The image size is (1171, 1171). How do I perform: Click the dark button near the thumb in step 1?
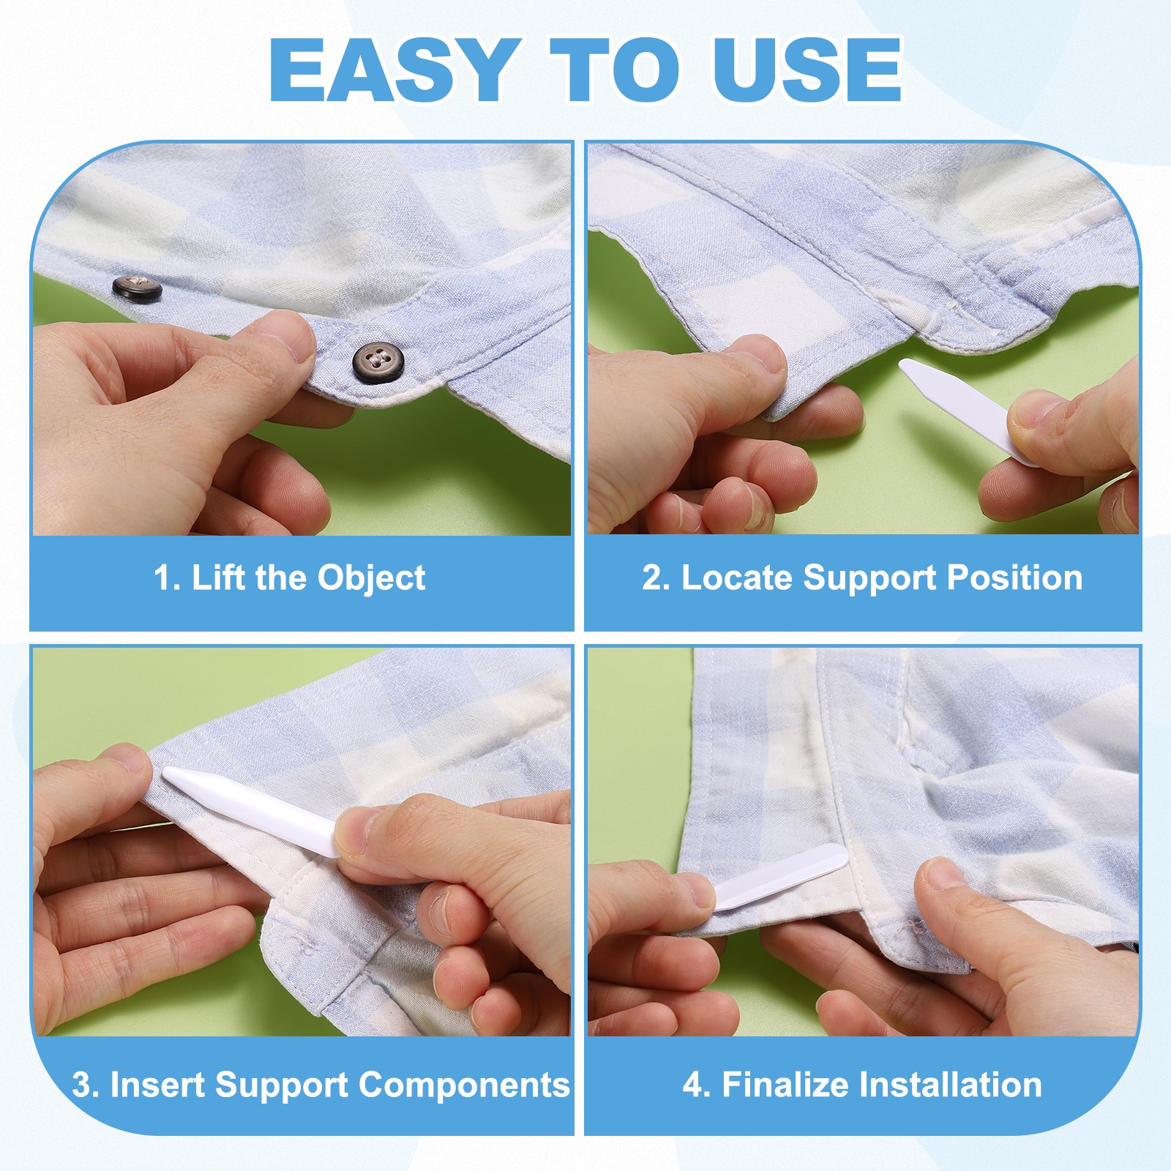pyautogui.click(x=378, y=361)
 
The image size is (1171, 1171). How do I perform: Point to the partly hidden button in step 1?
pyautogui.click(x=137, y=288)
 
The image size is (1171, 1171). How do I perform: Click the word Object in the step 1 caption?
pyautogui.click(x=371, y=579)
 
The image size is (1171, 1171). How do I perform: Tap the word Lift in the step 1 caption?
pyautogui.click(x=218, y=577)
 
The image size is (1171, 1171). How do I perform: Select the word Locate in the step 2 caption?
pyautogui.click(x=738, y=577)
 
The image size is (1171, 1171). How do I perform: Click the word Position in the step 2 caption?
pyautogui.click(x=1015, y=579)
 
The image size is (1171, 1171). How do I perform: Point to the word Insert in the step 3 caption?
pyautogui.click(x=157, y=1085)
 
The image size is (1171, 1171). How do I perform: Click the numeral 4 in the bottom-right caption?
pyautogui.click(x=692, y=1085)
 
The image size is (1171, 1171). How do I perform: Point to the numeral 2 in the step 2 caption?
pyautogui.click(x=651, y=577)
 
